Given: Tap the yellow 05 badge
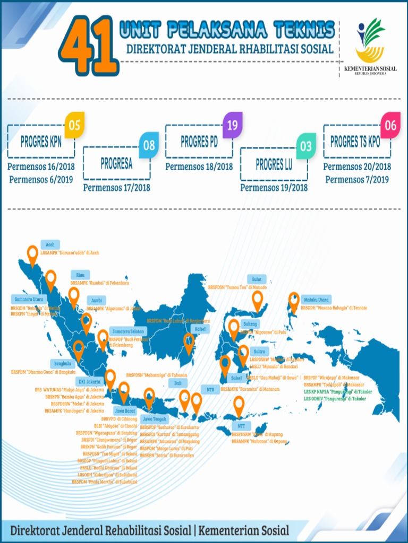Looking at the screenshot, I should pyautogui.click(x=74, y=125).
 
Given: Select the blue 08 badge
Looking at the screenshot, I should pyautogui.click(x=149, y=145).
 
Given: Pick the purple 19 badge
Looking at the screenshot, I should pyautogui.click(x=232, y=125).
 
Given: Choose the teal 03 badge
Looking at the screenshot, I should pyautogui.click(x=305, y=145).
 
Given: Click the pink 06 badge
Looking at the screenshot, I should pyautogui.click(x=390, y=125).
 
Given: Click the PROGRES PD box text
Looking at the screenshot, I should pyautogui.click(x=199, y=142).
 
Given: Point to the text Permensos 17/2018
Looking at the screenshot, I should pyautogui.click(x=116, y=187).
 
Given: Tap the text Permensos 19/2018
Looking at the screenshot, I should pyautogui.click(x=274, y=187).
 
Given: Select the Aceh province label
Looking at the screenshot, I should pyautogui.click(x=50, y=245).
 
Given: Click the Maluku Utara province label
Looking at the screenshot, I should pyautogui.click(x=316, y=299).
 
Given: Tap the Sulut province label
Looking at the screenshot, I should pyautogui.click(x=257, y=279).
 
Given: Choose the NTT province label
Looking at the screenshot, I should pyautogui.click(x=242, y=426).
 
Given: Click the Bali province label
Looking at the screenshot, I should pyautogui.click(x=177, y=382).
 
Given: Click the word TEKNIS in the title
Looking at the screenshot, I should pyautogui.click(x=304, y=31).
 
